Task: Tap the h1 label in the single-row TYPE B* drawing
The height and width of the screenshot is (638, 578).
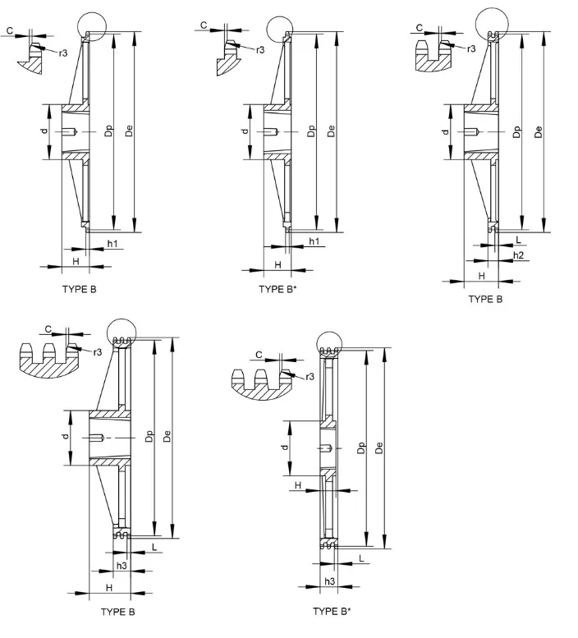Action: click(x=314, y=241)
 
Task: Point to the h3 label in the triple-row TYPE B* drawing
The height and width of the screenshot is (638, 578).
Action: click(x=329, y=581)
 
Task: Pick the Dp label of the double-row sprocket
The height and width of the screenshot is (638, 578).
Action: click(x=516, y=131)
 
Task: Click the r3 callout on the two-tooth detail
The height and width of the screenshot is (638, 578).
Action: click(x=471, y=49)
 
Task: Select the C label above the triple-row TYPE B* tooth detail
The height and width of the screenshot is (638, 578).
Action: click(x=259, y=355)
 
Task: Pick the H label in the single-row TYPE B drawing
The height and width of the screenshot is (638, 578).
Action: click(x=75, y=260)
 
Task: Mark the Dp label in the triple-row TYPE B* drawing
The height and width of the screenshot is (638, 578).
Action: click(x=361, y=448)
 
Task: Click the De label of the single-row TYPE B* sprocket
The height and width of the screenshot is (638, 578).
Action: click(x=331, y=131)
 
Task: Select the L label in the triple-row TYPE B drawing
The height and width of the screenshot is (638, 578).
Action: click(x=154, y=546)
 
